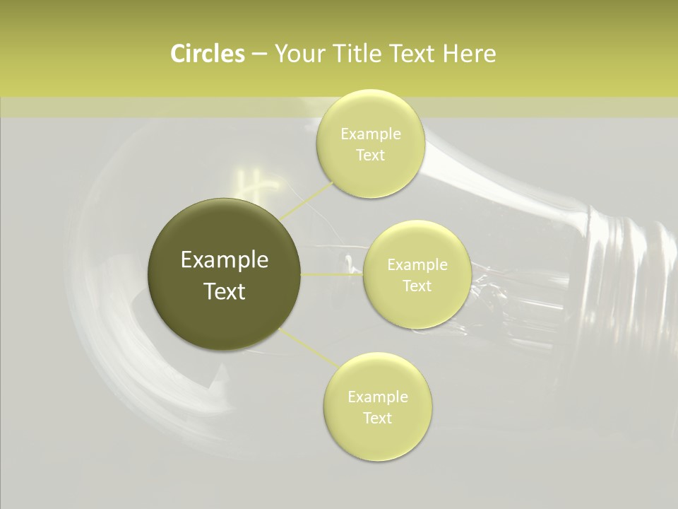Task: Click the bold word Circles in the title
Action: [x=207, y=54]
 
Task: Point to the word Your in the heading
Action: [x=298, y=54]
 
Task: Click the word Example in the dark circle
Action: [x=225, y=260]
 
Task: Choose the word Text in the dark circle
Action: [x=225, y=291]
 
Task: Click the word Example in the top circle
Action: [x=371, y=134]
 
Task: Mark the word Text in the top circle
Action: [x=370, y=156]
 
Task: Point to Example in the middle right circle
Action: [x=417, y=265]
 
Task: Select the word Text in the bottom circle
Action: [x=377, y=418]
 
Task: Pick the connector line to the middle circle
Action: [x=332, y=274]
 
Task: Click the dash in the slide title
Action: [x=258, y=54]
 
